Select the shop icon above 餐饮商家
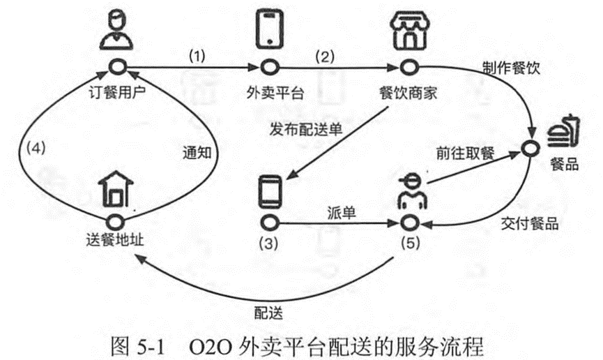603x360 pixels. [406, 31]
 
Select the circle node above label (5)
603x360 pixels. [409, 223]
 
